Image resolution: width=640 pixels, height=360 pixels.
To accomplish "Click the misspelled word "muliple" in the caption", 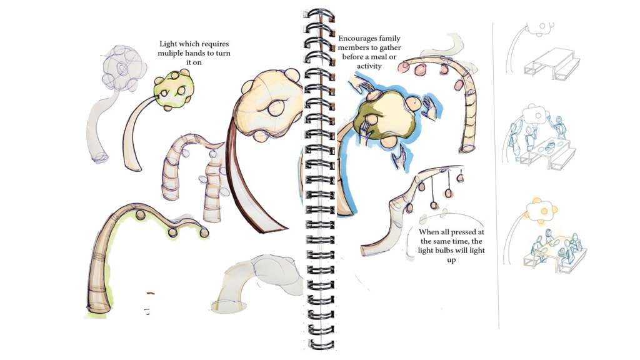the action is [171, 54].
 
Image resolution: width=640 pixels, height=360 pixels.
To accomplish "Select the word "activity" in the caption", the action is [369, 66].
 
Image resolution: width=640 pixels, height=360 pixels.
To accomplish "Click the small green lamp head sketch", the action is [174, 90].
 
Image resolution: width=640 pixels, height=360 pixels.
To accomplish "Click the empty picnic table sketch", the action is [551, 62].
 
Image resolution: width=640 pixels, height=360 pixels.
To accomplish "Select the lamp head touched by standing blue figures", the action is [535, 114].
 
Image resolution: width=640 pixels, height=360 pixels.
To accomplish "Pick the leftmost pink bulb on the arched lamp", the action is [404, 65].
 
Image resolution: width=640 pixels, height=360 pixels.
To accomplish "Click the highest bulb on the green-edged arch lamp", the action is [141, 214].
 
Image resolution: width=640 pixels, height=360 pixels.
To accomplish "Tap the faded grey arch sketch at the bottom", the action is [257, 282].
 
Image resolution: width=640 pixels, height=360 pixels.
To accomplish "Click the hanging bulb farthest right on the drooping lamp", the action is [461, 177].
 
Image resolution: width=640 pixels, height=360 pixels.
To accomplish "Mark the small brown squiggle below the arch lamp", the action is [151, 292].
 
